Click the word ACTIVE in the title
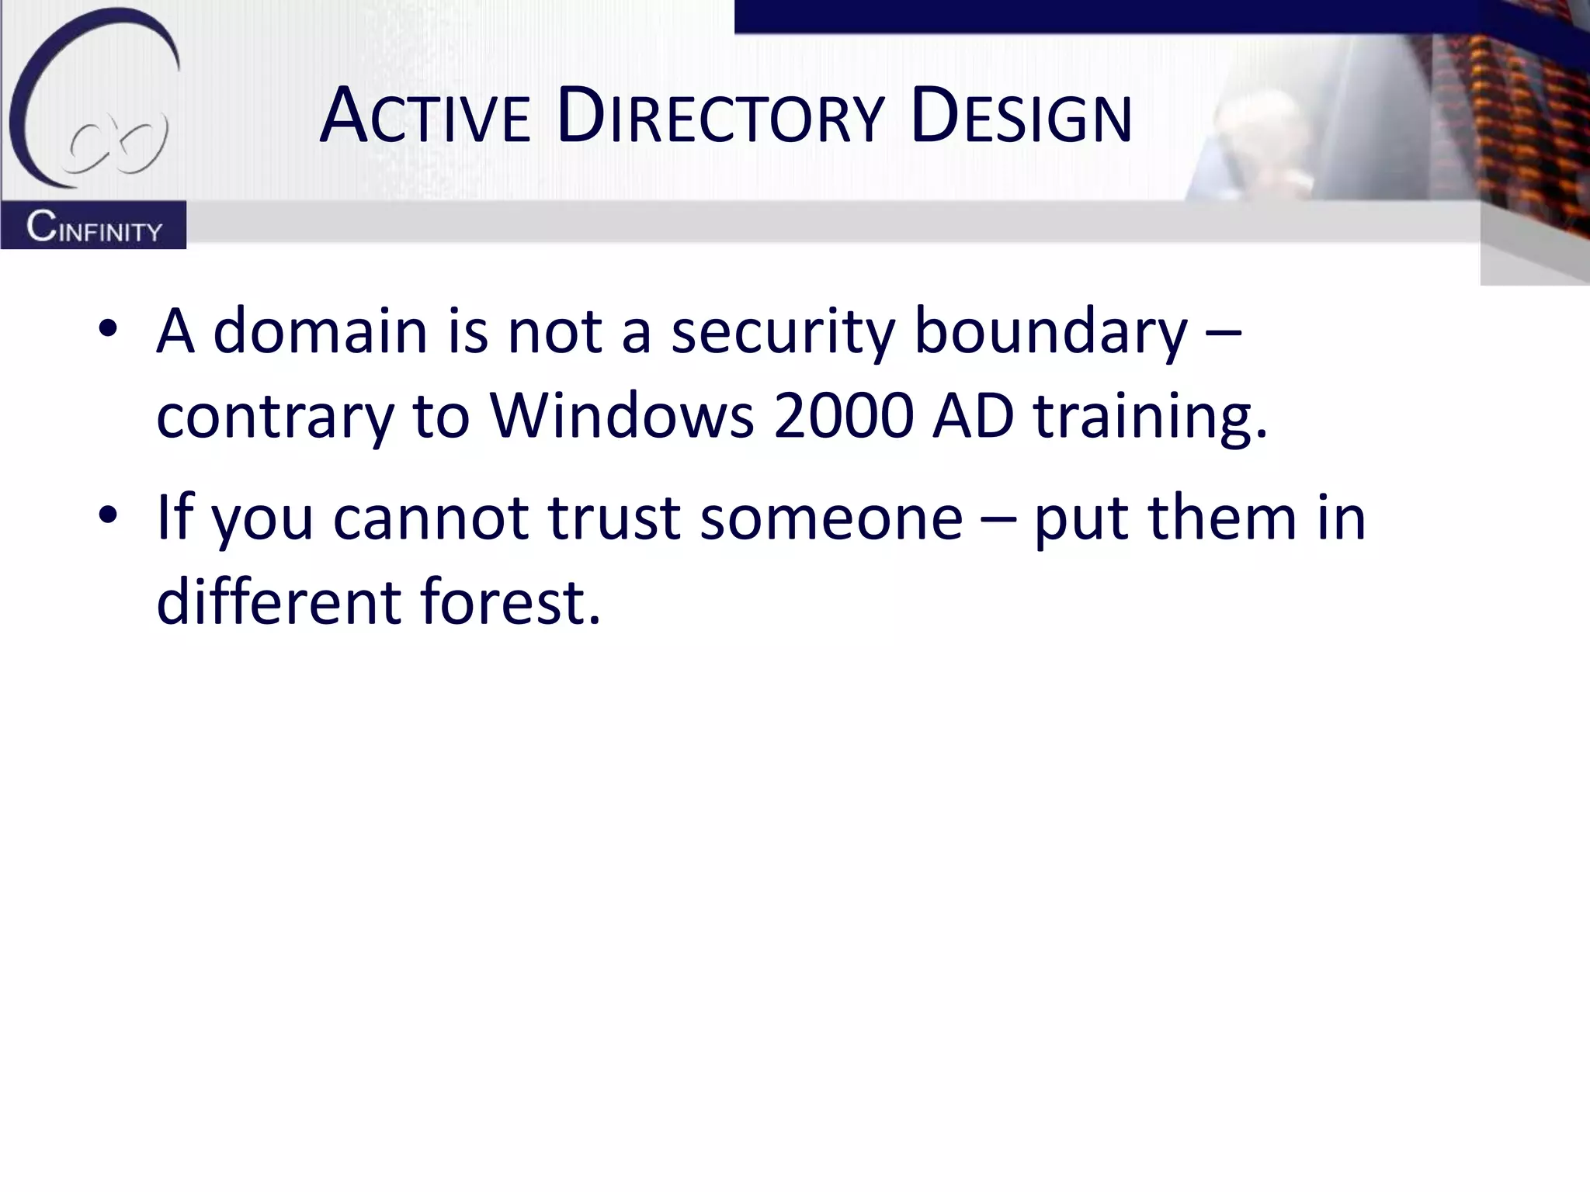425,118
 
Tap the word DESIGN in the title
1021,118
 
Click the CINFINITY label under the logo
94,227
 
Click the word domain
320,331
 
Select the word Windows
622,415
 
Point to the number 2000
843,415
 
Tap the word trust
614,518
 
